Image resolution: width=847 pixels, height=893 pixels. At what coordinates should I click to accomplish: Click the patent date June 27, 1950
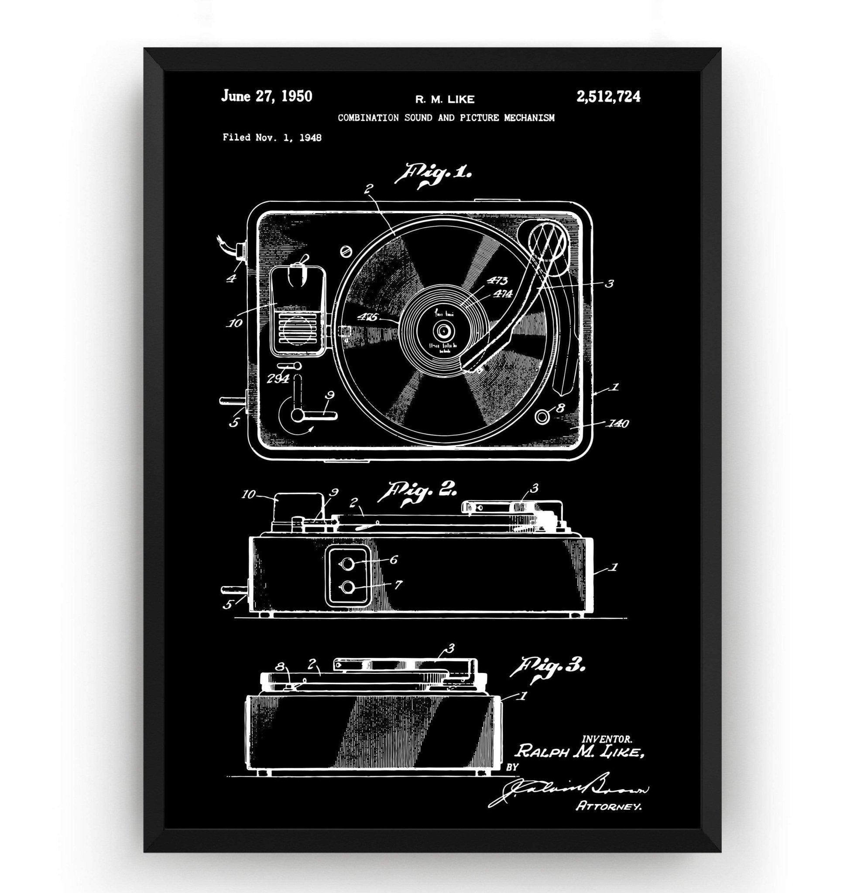click(266, 96)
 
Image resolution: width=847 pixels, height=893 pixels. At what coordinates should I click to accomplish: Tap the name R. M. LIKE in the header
click(445, 99)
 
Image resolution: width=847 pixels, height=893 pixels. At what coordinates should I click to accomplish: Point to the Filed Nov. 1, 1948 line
click(272, 138)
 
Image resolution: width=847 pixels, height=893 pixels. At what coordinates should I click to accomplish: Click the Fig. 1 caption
click(433, 174)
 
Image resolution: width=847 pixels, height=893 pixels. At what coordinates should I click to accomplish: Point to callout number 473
click(497, 281)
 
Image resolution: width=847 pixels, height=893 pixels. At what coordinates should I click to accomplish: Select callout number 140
click(618, 424)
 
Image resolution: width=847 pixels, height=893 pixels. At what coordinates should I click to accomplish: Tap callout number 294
click(277, 378)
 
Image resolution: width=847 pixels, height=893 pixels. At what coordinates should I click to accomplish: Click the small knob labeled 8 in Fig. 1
click(542, 417)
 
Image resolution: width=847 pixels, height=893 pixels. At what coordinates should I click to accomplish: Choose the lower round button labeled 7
click(347, 587)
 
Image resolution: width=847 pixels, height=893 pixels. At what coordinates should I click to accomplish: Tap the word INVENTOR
click(607, 739)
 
